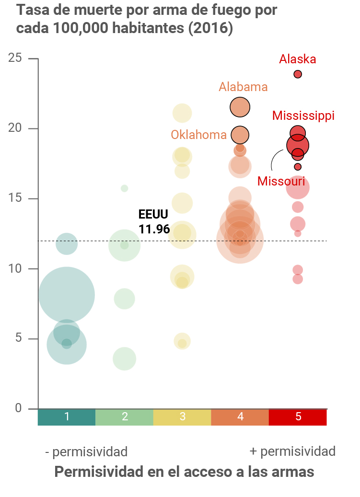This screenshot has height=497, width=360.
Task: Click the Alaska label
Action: click(x=298, y=59)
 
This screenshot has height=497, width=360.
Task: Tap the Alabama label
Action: click(x=243, y=87)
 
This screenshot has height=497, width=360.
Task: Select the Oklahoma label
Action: click(x=198, y=135)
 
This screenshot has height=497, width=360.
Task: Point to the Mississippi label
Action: click(x=303, y=116)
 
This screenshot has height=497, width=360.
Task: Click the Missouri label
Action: click(x=281, y=181)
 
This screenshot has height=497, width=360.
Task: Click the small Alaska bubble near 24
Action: click(x=298, y=74)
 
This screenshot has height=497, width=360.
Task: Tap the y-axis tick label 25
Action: click(x=15, y=58)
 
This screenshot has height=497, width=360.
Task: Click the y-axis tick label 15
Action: click(x=15, y=198)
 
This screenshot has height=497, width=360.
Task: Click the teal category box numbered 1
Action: click(x=67, y=417)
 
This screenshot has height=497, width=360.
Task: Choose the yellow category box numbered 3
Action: click(x=182, y=417)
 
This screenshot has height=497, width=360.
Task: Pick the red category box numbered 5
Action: click(x=298, y=417)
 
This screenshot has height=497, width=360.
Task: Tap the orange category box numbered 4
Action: click(x=240, y=417)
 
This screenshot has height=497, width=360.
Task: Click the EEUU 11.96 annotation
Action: click(x=154, y=222)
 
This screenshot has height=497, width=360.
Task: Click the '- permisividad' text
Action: click(x=86, y=451)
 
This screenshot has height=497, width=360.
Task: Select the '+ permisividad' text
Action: click(x=292, y=451)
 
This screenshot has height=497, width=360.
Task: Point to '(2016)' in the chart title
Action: click(x=210, y=28)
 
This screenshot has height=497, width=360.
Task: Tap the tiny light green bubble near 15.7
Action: click(x=125, y=188)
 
